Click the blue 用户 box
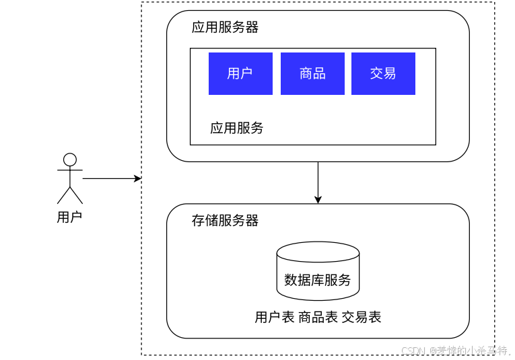click(240, 73)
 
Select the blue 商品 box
click(312, 73)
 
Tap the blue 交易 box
click(383, 73)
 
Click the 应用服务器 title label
click(225, 28)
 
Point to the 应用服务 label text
click(236, 128)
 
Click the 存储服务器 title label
click(225, 221)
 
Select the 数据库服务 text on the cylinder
click(318, 280)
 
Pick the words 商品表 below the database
click(318, 317)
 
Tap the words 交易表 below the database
click(362, 317)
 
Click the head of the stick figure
click(69, 159)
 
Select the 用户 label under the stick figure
click(69, 217)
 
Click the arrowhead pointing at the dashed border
click(138, 178)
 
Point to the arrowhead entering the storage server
click(318, 200)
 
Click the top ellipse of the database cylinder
click(318, 252)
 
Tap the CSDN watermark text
click(456, 351)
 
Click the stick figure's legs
click(69, 195)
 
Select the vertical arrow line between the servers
click(318, 178)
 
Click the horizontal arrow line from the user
click(108, 178)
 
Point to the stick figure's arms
click(69, 170)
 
